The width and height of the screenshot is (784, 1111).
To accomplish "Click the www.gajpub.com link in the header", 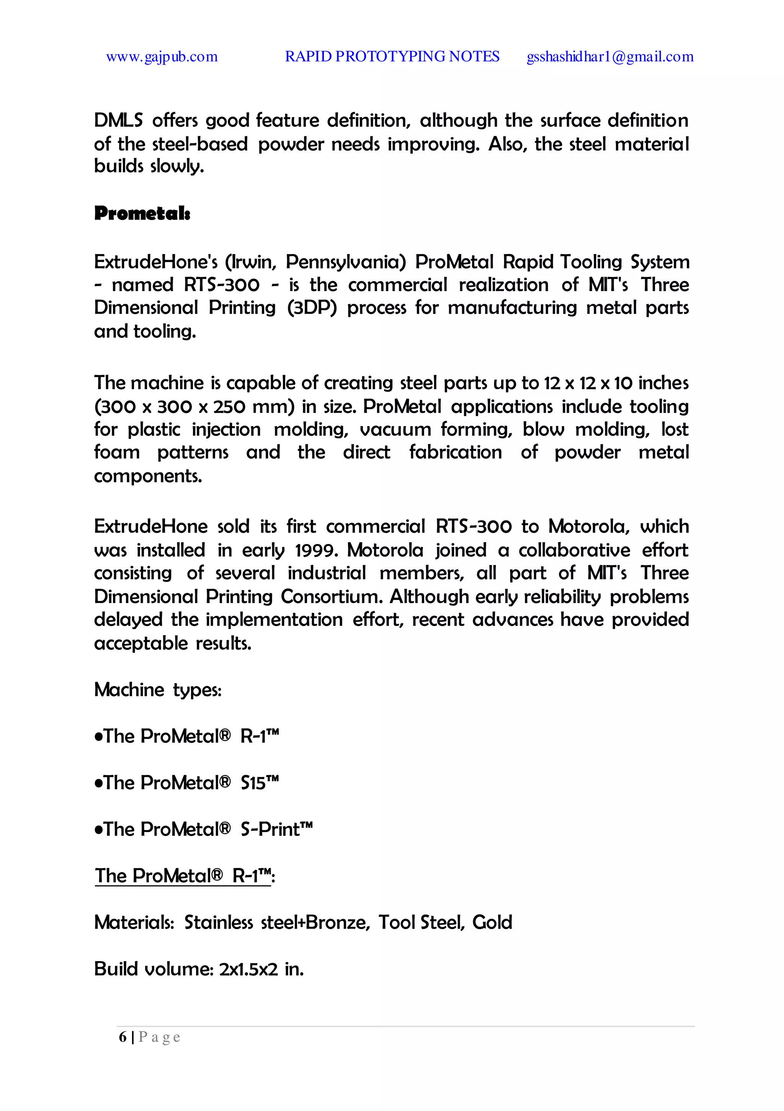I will click(x=162, y=57).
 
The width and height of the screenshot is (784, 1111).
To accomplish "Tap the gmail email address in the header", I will click(x=610, y=57).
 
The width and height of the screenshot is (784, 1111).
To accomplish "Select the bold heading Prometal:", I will click(x=142, y=213).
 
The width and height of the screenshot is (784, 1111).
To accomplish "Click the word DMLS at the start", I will click(x=118, y=121).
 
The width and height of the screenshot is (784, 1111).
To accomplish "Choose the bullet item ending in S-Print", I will click(x=203, y=829).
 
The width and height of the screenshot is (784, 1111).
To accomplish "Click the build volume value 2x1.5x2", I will click(x=248, y=969).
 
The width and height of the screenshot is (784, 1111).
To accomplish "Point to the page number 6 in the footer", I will click(x=123, y=1037).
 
